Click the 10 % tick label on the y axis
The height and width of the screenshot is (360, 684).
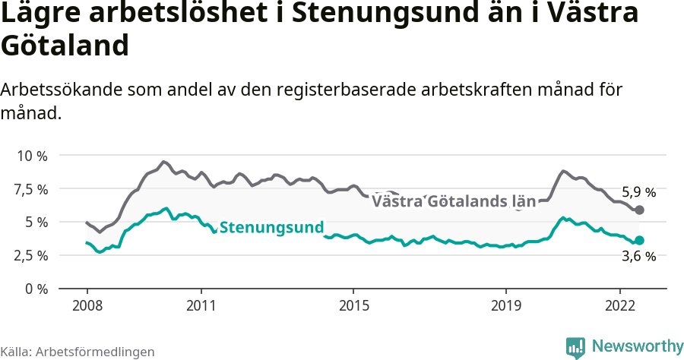pyautogui.click(x=32, y=156)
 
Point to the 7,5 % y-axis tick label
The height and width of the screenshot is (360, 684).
pyautogui.click(x=32, y=189)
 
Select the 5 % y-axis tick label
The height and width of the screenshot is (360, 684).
pyautogui.click(x=36, y=223)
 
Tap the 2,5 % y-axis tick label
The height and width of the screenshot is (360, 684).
pyautogui.click(x=32, y=255)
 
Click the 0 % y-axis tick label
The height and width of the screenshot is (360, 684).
pyautogui.click(x=36, y=289)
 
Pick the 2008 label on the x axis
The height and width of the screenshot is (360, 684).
pyautogui.click(x=87, y=305)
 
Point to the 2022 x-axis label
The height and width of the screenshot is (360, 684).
pyautogui.click(x=619, y=305)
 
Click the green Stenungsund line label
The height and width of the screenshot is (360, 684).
pyautogui.click(x=271, y=227)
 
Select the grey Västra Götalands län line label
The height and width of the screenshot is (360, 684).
pyautogui.click(x=454, y=201)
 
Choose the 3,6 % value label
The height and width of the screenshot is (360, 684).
pyautogui.click(x=638, y=257)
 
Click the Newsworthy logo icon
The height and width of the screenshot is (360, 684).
pyautogui.click(x=575, y=347)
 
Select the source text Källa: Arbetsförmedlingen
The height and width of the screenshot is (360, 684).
pyautogui.click(x=78, y=352)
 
